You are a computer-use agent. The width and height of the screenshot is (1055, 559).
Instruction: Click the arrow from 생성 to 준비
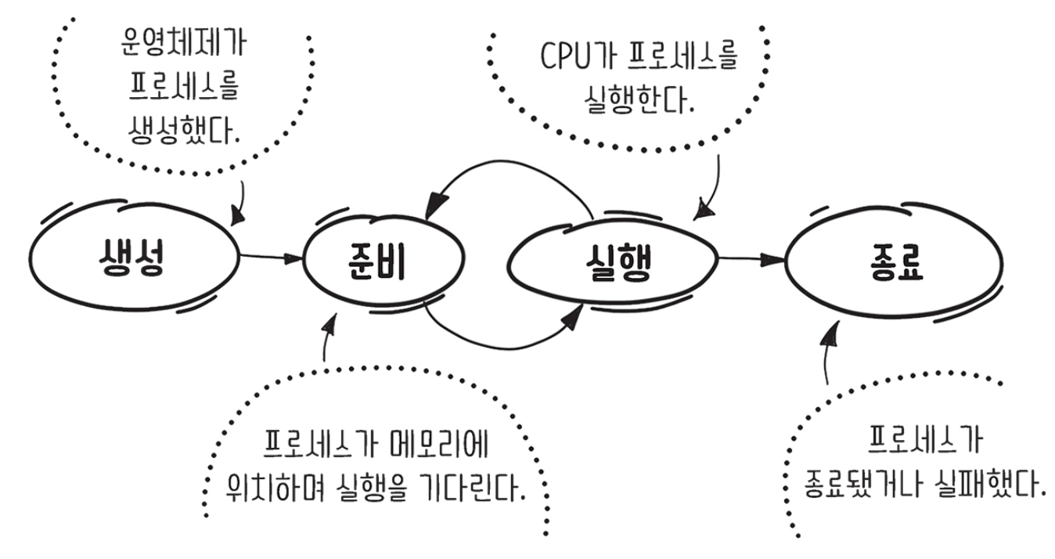(x=270, y=257)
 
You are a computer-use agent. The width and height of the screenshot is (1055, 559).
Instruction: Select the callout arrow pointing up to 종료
(x=828, y=348)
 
